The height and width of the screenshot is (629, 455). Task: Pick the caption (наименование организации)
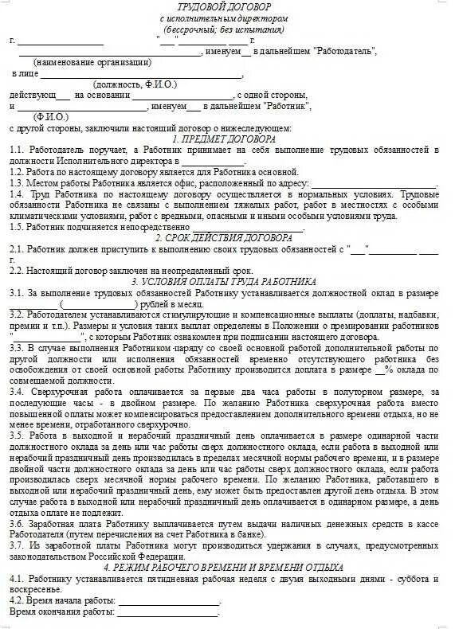tap(92, 62)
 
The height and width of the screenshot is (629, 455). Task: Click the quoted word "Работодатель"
tap(344, 52)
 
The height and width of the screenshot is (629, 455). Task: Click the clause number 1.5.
tap(16, 227)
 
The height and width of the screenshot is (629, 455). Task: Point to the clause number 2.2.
tap(16, 271)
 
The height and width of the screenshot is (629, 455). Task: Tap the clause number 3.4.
tap(16, 392)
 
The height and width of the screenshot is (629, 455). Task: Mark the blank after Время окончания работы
tap(167, 613)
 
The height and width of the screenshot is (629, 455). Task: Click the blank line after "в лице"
tap(140, 76)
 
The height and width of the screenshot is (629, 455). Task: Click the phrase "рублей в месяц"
tap(171, 303)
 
